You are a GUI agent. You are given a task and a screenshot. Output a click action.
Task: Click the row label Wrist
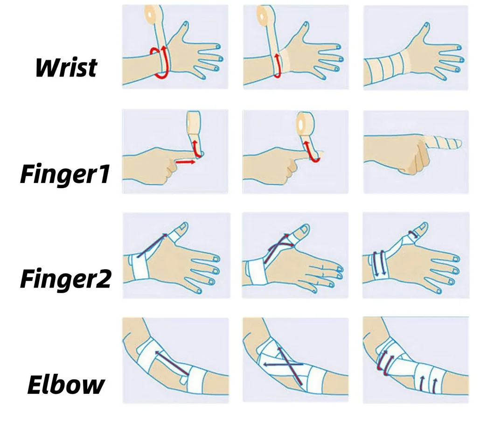tap(66, 67)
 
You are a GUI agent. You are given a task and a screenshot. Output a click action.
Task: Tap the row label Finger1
tap(65, 174)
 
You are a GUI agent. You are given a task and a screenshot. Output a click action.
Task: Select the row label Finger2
tap(65, 279)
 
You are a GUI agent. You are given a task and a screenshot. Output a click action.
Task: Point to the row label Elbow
tap(66, 384)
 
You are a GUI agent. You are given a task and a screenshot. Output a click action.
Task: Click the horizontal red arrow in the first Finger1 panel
tap(185, 162)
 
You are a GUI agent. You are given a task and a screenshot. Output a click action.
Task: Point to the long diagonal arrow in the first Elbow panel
tap(171, 362)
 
